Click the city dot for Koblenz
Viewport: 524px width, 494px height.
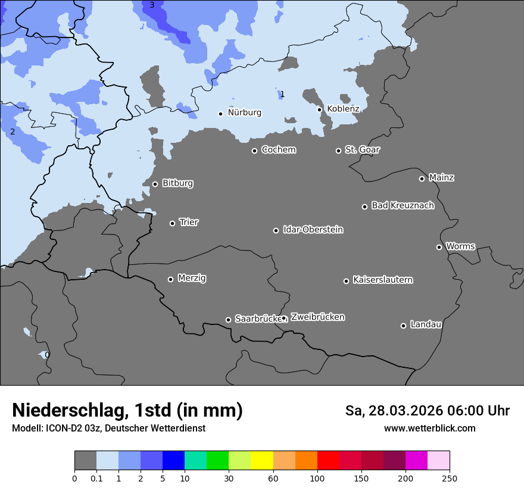[320, 110]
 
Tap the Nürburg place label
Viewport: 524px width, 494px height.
[244, 112]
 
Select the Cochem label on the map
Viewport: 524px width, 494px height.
[278, 150]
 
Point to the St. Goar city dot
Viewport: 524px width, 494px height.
[338, 151]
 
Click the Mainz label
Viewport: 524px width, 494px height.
[441, 177]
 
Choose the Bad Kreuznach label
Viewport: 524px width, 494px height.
[403, 205]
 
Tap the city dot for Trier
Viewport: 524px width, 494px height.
[173, 223]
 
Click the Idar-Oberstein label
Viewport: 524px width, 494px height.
[313, 230]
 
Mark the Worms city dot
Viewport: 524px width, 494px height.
[439, 247]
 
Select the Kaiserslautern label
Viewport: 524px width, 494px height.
[382, 280]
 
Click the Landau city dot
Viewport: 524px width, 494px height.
[403, 326]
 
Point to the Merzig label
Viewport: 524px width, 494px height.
[192, 278]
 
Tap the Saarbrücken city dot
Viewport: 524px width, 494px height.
[228, 320]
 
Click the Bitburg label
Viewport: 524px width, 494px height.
[177, 183]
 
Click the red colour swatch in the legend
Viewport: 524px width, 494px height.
[328, 461]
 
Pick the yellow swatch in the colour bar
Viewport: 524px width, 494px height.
[262, 461]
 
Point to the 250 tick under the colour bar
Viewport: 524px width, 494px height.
[450, 478]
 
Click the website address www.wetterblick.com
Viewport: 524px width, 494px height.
[429, 429]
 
